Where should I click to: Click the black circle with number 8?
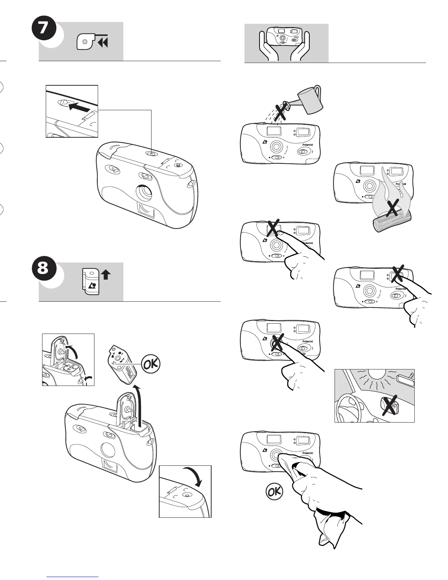click(43, 269)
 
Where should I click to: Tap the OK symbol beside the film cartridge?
click(150, 365)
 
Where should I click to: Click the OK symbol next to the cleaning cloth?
click(274, 492)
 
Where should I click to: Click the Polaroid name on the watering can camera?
click(307, 145)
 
